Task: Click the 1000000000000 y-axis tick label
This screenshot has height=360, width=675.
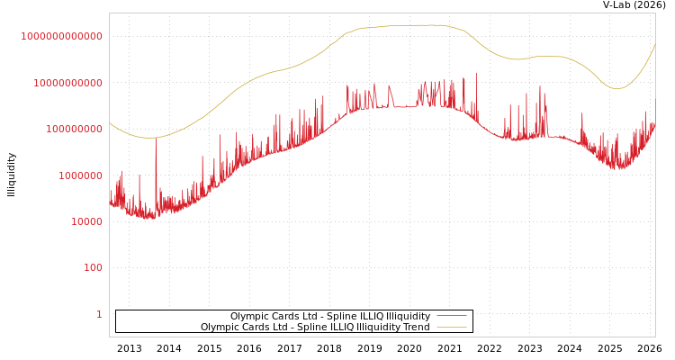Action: tap(62, 36)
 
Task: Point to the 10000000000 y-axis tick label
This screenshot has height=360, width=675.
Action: tap(67, 83)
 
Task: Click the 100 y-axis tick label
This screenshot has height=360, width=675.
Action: tap(94, 268)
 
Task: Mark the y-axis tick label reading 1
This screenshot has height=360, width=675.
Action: tap(99, 314)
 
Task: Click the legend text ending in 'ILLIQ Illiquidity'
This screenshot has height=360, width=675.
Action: tap(330, 317)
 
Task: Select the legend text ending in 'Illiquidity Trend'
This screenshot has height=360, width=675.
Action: tap(315, 328)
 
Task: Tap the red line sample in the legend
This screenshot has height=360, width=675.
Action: tap(451, 317)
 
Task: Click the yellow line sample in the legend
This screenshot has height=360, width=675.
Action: tap(451, 328)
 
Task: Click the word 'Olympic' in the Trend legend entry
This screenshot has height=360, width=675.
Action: tap(219, 328)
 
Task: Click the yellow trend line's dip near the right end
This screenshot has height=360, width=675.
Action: tap(616, 88)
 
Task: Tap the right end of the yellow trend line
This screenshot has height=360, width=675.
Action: tap(655, 43)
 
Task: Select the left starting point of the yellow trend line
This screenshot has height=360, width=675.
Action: tap(110, 122)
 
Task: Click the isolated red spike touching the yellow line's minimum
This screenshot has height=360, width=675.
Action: tap(156, 140)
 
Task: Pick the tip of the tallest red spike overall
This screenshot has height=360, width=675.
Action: tap(476, 73)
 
